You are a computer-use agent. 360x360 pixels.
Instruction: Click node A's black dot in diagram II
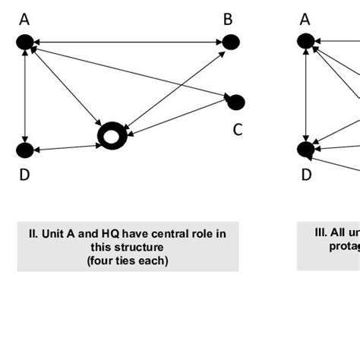pos(26,43)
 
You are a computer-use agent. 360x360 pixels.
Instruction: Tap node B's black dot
pos(230,43)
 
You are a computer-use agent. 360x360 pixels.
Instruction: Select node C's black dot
pos(235,102)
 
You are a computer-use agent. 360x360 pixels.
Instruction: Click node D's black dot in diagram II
pos(26,150)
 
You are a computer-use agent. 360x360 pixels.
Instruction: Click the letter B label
pos(227,20)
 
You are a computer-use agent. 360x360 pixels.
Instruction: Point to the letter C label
pos(237,130)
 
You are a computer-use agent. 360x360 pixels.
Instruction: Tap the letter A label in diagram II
pos(24,20)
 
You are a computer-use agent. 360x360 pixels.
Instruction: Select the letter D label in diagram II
pos(24,175)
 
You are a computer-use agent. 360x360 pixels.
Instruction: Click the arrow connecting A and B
pos(128,43)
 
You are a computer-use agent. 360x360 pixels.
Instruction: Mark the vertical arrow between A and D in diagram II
pos(26,96)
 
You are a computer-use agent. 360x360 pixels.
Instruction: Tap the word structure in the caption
pos(137,247)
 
